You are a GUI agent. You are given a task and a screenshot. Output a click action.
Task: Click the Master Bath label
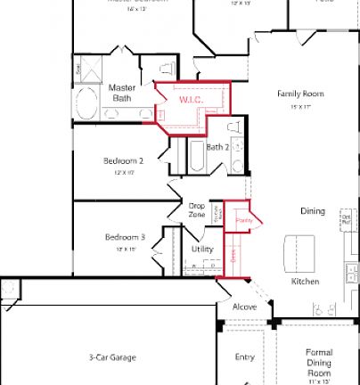pos(121,94)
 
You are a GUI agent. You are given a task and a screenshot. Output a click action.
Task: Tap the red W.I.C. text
pos(192,101)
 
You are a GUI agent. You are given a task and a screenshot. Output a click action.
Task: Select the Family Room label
pos(300,94)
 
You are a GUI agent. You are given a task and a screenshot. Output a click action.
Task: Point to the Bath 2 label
pos(218,147)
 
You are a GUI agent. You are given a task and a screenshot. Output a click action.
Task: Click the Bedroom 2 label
pos(123,160)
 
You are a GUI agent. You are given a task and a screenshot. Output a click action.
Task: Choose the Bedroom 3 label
pos(125,237)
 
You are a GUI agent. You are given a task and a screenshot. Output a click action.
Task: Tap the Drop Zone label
pos(197,210)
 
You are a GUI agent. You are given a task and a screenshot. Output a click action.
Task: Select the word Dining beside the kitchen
pos(312,211)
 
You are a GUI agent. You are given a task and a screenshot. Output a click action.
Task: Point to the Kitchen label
pos(305,282)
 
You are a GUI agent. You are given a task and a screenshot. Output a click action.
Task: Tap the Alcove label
pos(244,307)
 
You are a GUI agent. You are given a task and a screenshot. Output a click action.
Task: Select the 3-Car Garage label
pos(112,357)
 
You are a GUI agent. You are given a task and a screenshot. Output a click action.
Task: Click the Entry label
pos(244,357)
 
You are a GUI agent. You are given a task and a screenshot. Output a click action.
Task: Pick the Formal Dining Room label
pos(319,361)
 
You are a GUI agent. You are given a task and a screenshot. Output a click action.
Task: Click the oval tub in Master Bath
pos(87,103)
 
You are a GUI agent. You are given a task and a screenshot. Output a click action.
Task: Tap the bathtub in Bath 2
pos(194,160)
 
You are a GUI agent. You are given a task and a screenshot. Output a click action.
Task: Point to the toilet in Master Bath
pos(166,69)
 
